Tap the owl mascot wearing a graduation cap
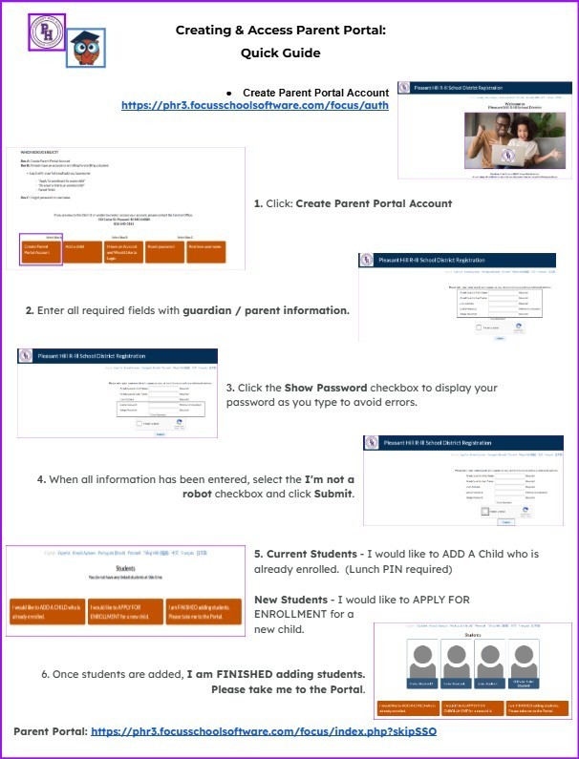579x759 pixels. coord(85,48)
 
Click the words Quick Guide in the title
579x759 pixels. coord(280,53)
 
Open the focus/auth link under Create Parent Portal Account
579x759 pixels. coord(255,105)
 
